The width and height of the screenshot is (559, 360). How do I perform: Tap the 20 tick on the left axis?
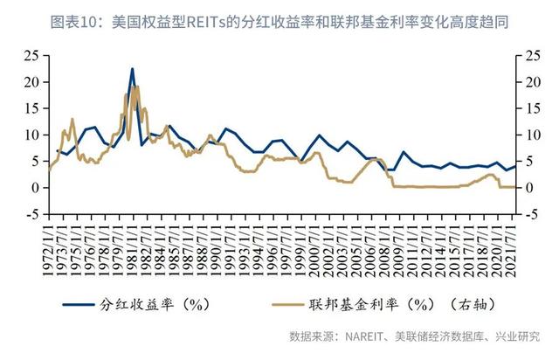(31, 82)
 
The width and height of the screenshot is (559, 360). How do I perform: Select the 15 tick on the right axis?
(534, 108)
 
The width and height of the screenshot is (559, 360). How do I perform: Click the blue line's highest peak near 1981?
(132, 69)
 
